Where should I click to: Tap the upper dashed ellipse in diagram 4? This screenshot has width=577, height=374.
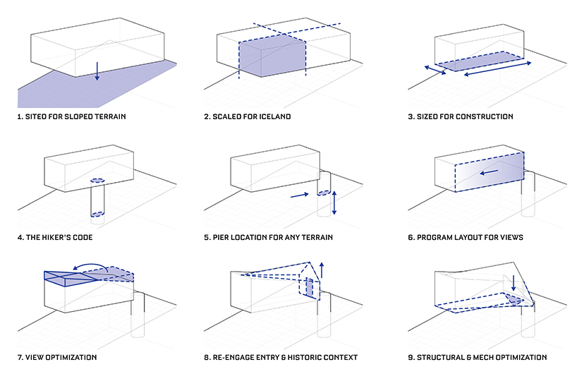pyautogui.click(x=97, y=180)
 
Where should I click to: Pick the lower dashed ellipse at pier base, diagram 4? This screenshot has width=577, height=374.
pyautogui.click(x=97, y=213)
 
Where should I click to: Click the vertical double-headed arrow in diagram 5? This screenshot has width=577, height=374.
pyautogui.click(x=334, y=202)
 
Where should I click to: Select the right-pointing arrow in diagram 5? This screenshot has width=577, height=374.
pyautogui.click(x=299, y=193)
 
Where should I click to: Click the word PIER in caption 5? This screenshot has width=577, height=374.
pyautogui.click(x=224, y=237)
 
